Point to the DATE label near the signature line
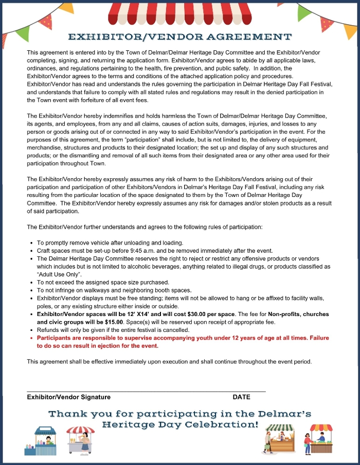241,397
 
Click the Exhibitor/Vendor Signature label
68,397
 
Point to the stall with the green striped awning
279,439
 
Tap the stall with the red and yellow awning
319,439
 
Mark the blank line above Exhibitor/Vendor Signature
146,391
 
